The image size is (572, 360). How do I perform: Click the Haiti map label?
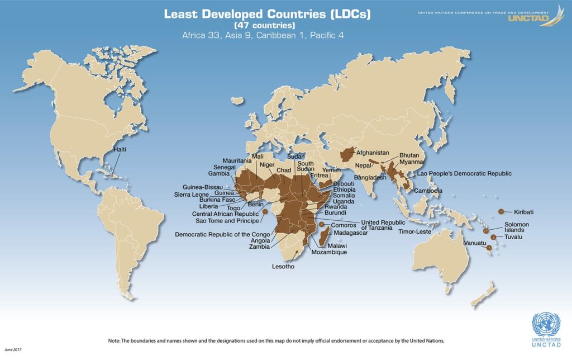120,150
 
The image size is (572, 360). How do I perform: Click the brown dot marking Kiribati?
501,211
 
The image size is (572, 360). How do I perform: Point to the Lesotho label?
283,267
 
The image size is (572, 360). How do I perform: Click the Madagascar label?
351,233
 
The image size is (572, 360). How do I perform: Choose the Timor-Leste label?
414,231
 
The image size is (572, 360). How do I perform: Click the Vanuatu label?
475,244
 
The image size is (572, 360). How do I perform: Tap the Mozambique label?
330,253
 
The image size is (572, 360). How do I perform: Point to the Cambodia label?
428,191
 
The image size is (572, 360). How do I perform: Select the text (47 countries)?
264,25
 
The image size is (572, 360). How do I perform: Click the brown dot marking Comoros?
321,225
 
